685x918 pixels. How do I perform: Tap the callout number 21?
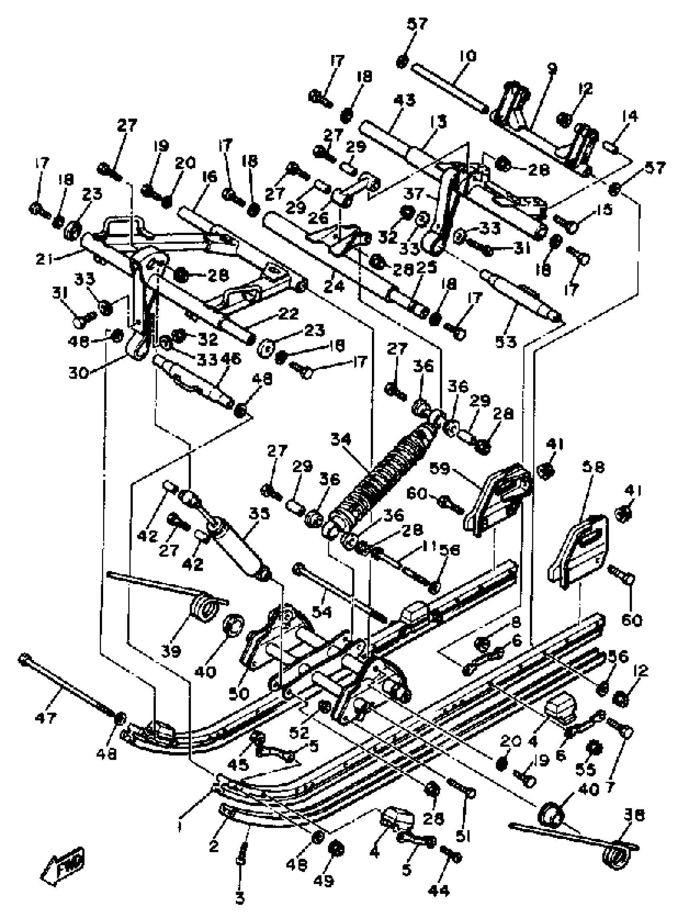[45, 260]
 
